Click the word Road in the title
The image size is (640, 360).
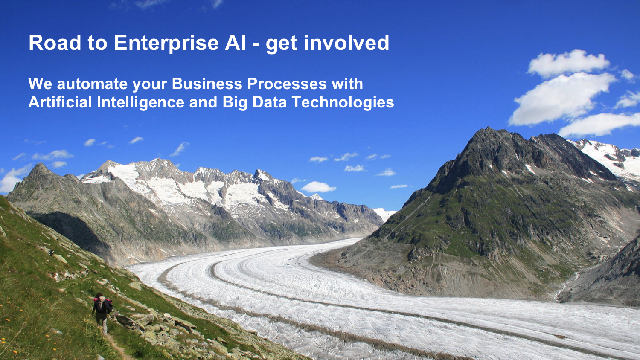pyautogui.click(x=55, y=43)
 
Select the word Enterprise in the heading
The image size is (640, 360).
pyautogui.click(x=166, y=44)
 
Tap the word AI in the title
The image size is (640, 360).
pyautogui.click(x=236, y=43)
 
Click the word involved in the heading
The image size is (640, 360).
pyautogui.click(x=346, y=43)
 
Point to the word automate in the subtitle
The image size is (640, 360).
pyautogui.click(x=92, y=84)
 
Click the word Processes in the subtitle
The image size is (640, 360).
pyautogui.click(x=287, y=84)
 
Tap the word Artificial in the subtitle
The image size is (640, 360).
pyautogui.click(x=60, y=102)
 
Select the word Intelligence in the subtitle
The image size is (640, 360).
pyautogui.click(x=140, y=102)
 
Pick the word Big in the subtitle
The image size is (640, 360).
pyautogui.click(x=235, y=102)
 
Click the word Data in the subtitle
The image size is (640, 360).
pyautogui.click(x=269, y=102)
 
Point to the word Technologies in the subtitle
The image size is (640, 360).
pyautogui.click(x=343, y=102)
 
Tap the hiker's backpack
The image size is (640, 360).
pyautogui.click(x=100, y=305)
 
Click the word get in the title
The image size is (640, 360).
pyautogui.click(x=282, y=44)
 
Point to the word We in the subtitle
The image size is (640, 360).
pyautogui.click(x=40, y=84)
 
